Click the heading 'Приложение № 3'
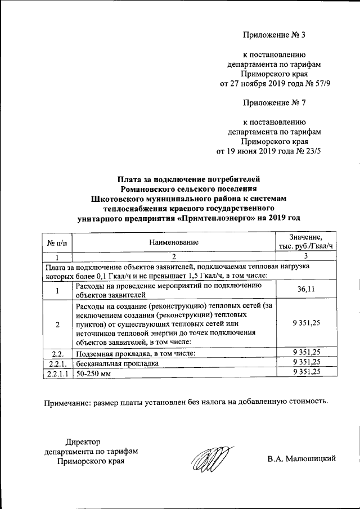[273, 35]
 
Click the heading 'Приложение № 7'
[273, 102]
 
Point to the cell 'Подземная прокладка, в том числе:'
[135, 353]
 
